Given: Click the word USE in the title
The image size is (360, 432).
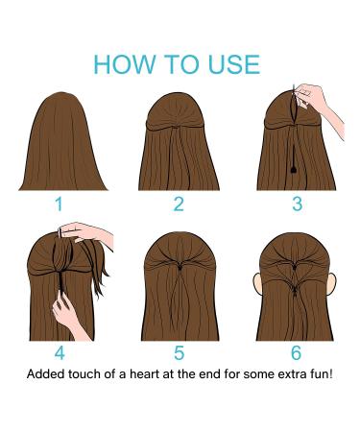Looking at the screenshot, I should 229,64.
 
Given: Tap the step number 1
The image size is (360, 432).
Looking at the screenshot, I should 60,204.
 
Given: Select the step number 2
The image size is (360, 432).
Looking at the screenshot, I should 179,204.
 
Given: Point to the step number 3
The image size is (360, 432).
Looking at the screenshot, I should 297,204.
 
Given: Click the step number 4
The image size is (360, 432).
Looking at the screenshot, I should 60,353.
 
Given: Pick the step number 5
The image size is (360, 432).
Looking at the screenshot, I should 179,353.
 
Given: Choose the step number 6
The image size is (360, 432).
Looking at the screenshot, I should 297,353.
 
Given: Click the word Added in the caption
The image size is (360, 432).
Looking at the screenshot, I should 46,372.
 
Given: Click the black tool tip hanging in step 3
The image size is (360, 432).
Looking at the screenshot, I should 289,172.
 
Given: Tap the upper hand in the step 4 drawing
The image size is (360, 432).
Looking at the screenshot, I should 91,233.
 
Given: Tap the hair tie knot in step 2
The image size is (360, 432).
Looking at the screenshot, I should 179,132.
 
